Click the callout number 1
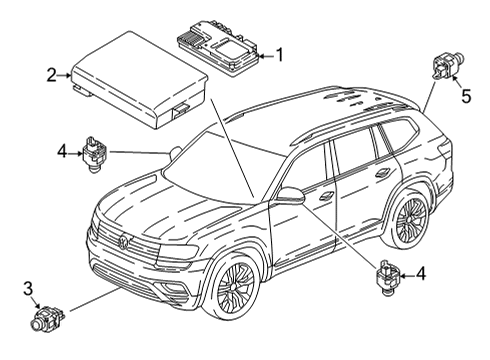click(280, 55)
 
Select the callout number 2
click(51, 75)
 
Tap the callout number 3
click(28, 288)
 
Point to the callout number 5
click(466, 96)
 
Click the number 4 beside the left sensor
click(62, 152)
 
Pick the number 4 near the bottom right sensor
click(421, 274)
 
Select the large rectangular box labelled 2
click(139, 80)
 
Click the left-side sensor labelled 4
click(94, 153)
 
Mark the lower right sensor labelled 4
click(387, 277)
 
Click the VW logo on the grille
click(124, 242)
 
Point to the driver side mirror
click(290, 196)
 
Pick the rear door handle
click(383, 172)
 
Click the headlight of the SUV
click(178, 251)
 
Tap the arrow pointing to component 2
click(63, 76)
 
